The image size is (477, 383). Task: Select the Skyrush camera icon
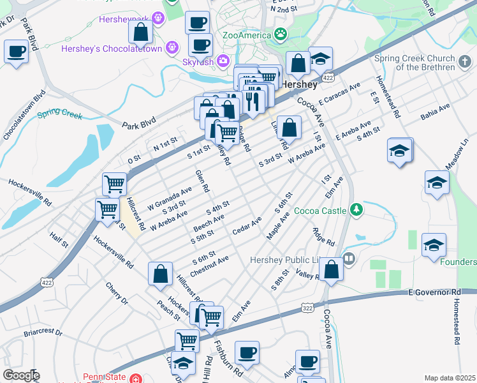223,61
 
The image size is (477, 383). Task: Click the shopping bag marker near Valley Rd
331,269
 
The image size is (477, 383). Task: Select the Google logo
20,375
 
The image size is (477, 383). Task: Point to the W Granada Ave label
170,198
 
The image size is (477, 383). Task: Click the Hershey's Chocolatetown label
112,49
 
